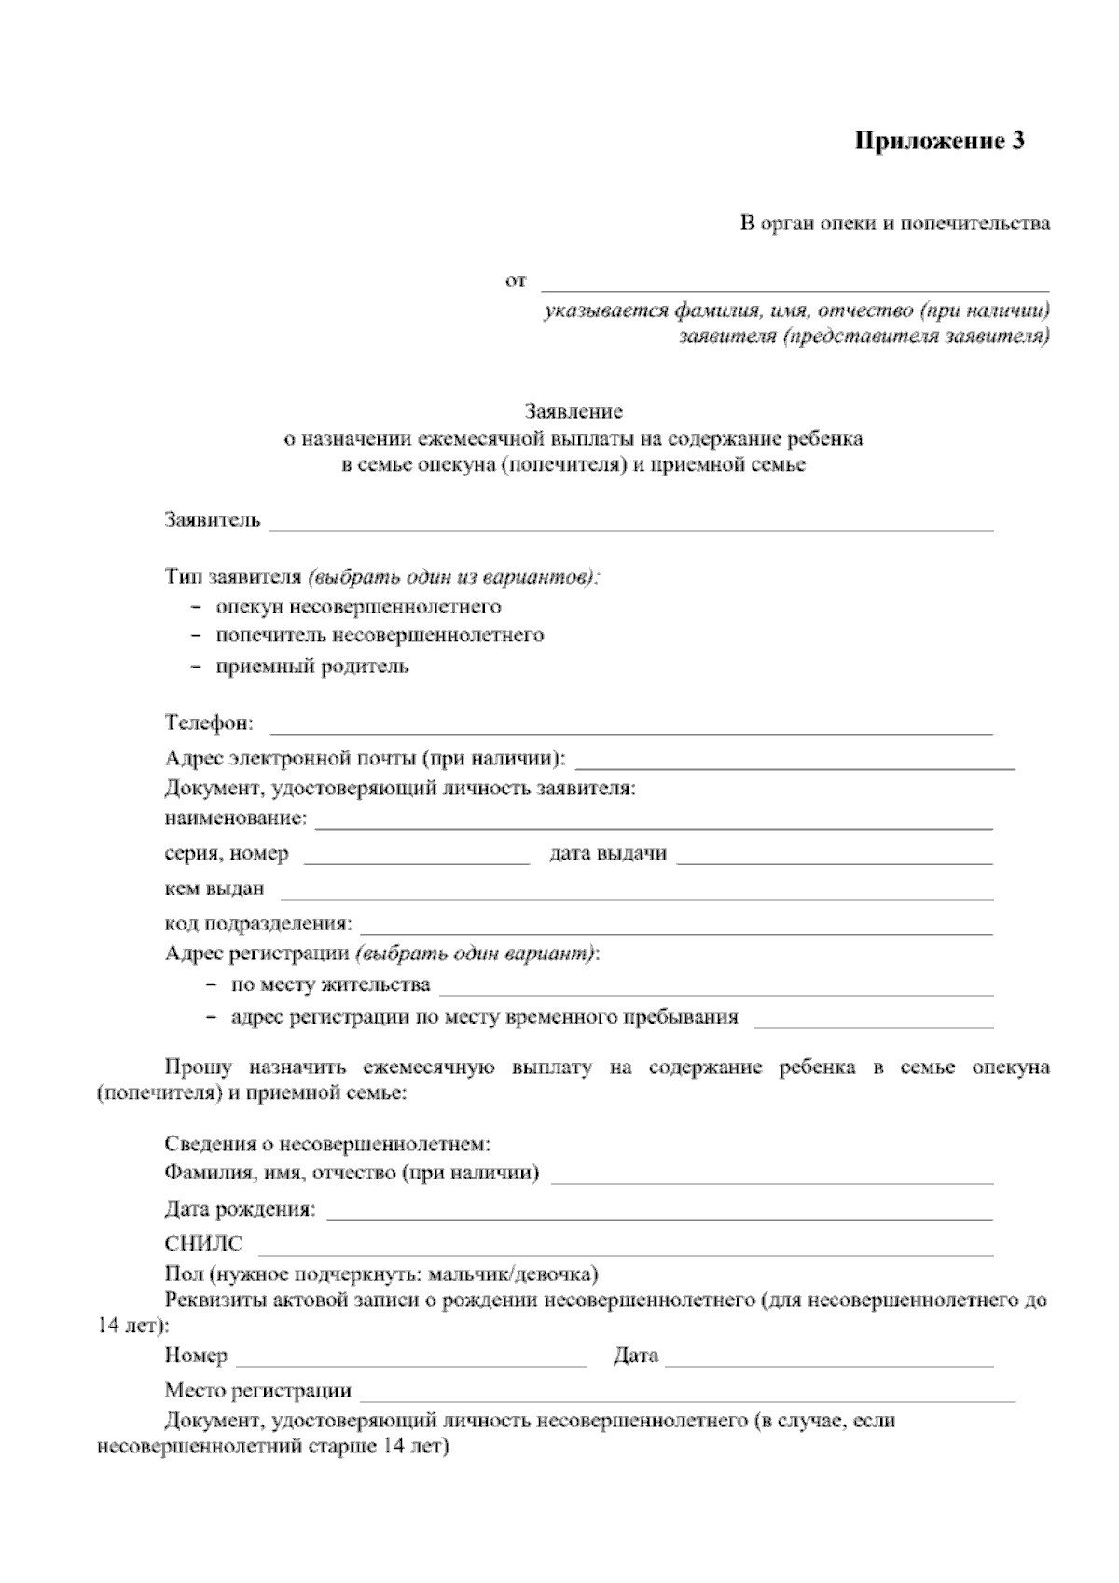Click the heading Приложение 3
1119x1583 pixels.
940,141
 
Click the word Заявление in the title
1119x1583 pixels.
573,411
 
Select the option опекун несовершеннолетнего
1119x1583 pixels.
358,607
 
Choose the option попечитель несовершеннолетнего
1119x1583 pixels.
380,636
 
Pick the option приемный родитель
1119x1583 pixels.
311,667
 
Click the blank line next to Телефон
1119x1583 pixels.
631,729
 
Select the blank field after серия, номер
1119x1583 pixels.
417,860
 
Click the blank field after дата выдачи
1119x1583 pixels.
835,860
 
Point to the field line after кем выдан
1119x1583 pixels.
636,894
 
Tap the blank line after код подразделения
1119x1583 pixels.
676,929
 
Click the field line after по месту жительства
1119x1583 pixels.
715,990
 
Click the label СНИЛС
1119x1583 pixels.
203,1244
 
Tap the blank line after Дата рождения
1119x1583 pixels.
658,1215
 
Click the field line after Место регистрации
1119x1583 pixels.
687,1397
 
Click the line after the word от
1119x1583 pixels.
795,285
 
